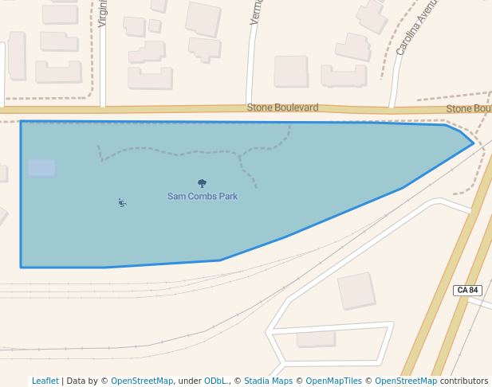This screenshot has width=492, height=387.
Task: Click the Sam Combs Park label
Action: (202, 196)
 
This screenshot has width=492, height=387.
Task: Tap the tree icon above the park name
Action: (202, 184)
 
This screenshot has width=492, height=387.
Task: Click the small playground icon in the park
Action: (121, 202)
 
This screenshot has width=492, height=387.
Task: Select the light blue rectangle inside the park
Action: (41, 167)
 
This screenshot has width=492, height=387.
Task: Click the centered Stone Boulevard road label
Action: (282, 107)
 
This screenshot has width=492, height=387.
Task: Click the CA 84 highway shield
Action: (467, 291)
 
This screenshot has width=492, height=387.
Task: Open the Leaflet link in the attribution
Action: (45, 381)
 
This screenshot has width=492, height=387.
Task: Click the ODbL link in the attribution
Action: (215, 381)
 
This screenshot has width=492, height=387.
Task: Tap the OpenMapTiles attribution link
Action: (334, 381)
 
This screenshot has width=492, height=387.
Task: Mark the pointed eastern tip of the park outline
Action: (474, 143)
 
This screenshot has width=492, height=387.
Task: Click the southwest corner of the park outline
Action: (21, 267)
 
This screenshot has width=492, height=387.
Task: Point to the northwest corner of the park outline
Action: (21, 121)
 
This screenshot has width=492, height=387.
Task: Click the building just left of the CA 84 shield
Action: (356, 291)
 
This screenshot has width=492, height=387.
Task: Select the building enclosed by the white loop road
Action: (316, 338)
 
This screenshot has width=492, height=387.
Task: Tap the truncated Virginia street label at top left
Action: (103, 14)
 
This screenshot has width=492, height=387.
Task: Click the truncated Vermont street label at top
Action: (255, 13)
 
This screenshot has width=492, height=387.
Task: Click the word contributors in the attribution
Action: (464, 381)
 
